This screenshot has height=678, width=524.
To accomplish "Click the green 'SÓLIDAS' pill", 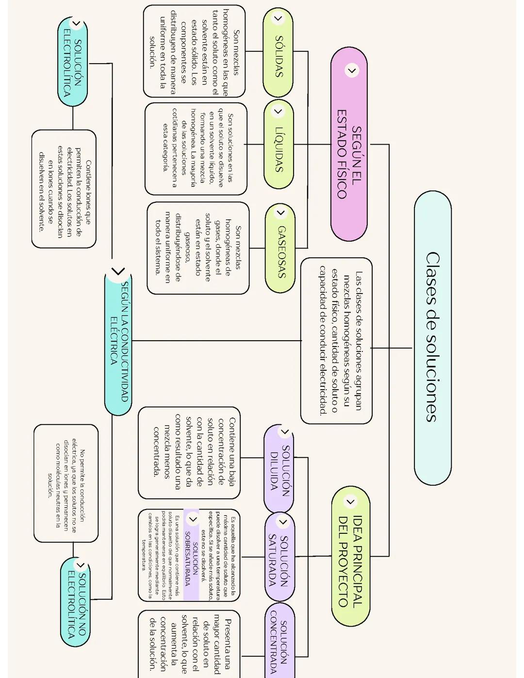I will [x=278, y=53].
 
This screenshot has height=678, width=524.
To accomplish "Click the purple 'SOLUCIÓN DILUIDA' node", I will [x=279, y=469].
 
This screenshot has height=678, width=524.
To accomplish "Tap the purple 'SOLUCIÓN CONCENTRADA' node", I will [x=279, y=641].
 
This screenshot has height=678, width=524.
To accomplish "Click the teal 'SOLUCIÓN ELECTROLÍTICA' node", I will [x=73, y=64].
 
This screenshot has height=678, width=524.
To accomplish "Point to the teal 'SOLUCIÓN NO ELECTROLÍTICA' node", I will [x=76, y=602].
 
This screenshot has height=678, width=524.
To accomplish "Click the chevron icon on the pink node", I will [x=352, y=70].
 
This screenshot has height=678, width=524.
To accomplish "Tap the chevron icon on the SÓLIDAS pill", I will [x=278, y=19].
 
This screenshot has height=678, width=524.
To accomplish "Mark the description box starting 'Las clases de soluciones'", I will [x=337, y=341].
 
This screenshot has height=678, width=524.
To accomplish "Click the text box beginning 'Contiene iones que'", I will [x=64, y=189].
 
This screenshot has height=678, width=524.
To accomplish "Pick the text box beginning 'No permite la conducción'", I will [x=66, y=483].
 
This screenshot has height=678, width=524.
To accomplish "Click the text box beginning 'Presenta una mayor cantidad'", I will [x=189, y=644].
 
